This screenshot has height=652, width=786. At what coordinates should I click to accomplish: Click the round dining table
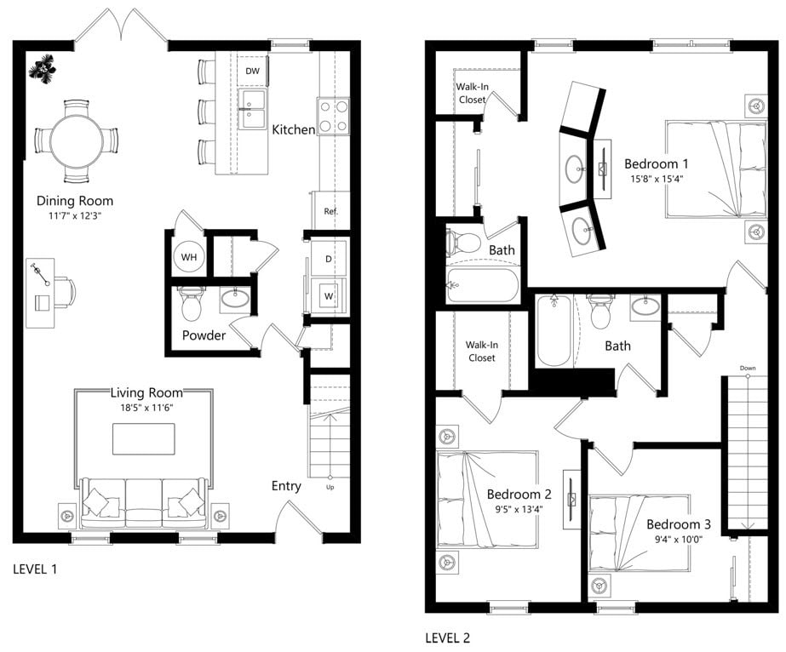point(76,141)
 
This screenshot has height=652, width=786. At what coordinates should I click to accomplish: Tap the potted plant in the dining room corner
point(40,69)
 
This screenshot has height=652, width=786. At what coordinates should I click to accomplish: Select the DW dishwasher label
point(252,71)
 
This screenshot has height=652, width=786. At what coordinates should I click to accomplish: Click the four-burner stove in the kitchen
point(334,116)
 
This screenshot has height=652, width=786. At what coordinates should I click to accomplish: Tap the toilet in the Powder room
point(192,302)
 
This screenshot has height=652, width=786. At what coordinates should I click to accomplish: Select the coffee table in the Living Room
point(144,438)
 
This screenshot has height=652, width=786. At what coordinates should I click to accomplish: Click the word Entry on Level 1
point(286,486)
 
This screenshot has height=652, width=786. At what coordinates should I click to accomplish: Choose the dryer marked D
point(327,259)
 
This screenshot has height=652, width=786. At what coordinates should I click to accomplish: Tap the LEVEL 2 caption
point(447,638)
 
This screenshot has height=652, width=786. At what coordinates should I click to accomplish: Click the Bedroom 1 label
point(656,163)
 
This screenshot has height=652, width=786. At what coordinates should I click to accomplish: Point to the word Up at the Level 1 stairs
point(330,488)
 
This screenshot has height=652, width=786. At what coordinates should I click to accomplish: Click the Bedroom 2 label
point(519,495)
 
